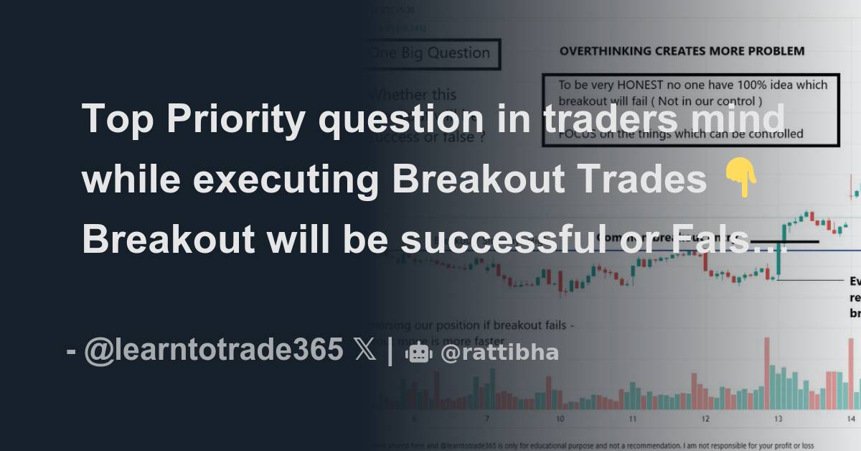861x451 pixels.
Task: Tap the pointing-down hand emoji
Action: click(741, 180)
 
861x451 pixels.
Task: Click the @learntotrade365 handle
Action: click(213, 350)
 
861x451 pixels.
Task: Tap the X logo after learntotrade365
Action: click(364, 350)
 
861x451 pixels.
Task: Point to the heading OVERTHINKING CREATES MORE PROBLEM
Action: click(682, 51)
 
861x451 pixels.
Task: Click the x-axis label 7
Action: click(487, 418)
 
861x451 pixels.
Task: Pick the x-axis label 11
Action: click(632, 418)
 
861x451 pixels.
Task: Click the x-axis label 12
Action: click(705, 418)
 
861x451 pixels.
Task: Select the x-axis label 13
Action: click(778, 418)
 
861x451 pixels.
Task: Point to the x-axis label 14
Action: click(850, 418)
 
